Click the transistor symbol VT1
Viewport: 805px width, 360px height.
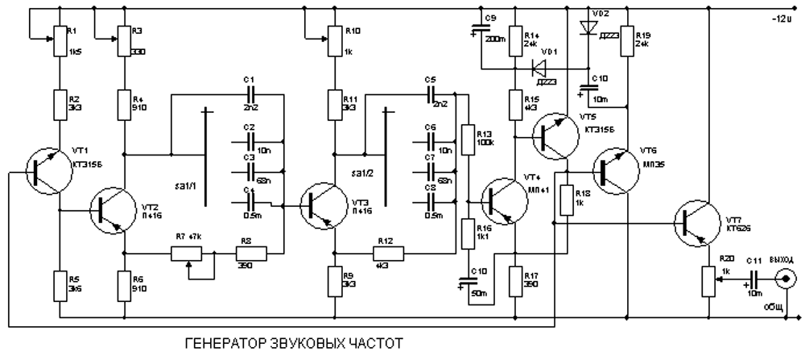click(43, 170)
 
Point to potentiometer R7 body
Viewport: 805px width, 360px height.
click(192, 254)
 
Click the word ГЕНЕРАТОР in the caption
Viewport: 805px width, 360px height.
click(216, 345)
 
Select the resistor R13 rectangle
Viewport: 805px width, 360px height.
click(467, 139)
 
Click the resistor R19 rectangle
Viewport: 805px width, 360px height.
click(625, 43)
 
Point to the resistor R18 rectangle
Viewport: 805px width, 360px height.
click(569, 201)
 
